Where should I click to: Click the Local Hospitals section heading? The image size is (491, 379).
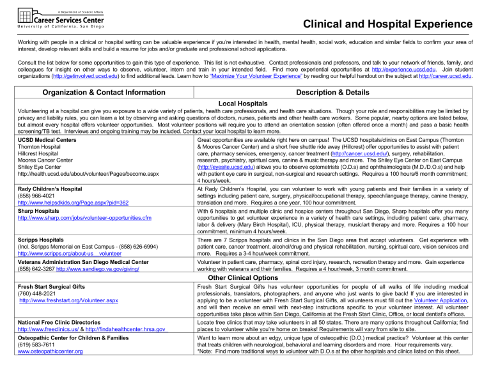246,103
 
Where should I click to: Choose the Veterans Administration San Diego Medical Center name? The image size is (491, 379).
84,261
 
